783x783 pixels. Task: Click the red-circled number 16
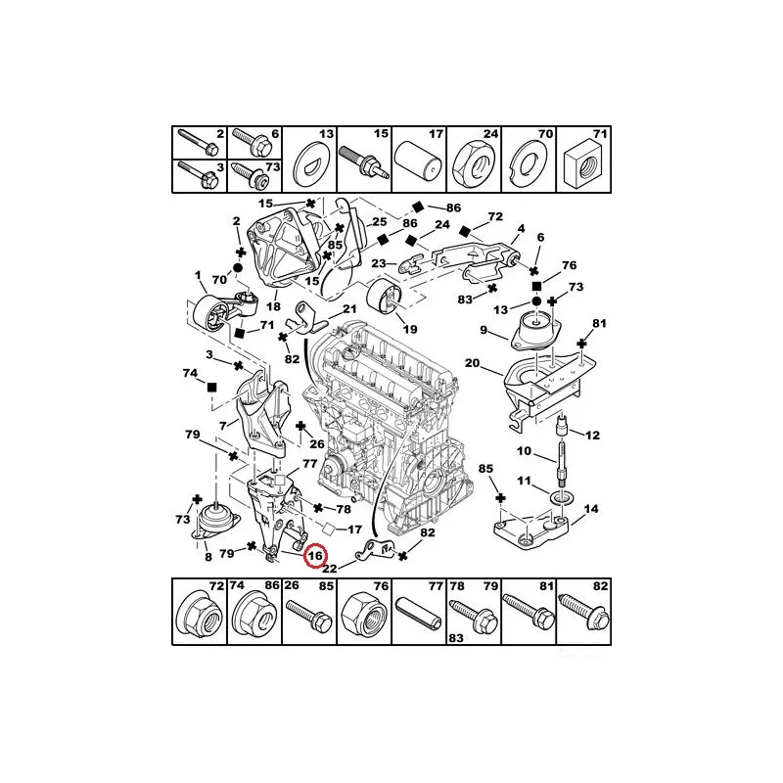click(x=315, y=556)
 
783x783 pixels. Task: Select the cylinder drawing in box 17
click(x=419, y=164)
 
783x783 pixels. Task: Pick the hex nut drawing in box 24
click(x=474, y=166)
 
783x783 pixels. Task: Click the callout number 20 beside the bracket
click(x=472, y=363)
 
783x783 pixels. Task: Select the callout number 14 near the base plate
click(x=591, y=509)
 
